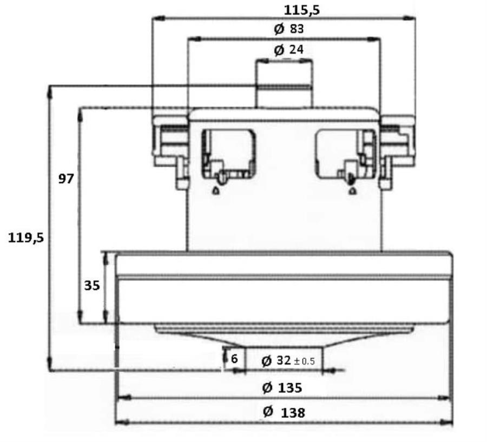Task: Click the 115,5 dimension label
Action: [x=301, y=10]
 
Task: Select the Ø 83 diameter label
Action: [x=288, y=29]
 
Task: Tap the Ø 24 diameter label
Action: [x=288, y=50]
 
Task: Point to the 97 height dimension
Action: [x=66, y=179]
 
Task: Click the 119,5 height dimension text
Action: [x=26, y=238]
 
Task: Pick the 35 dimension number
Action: [x=92, y=286]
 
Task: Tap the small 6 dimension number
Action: [x=234, y=359]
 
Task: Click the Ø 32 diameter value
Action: [x=276, y=361]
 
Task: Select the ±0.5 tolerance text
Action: [x=304, y=361]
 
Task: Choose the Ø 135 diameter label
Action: [x=282, y=388]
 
